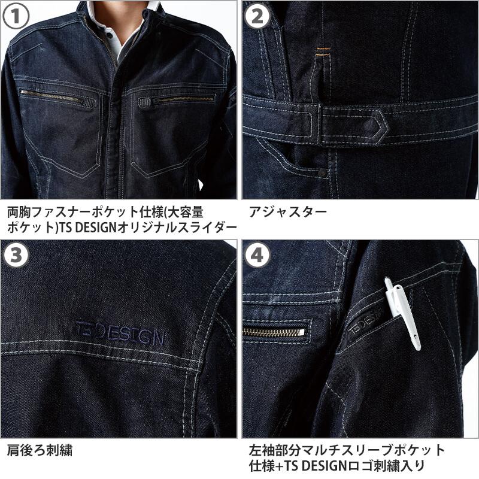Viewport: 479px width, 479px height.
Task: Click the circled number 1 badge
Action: (x=16, y=16)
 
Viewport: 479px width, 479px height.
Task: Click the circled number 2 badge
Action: (x=257, y=16)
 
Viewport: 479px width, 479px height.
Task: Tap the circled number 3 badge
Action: (x=16, y=256)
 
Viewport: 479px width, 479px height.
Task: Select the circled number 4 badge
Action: (x=257, y=256)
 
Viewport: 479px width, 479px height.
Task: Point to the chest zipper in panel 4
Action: (x=274, y=332)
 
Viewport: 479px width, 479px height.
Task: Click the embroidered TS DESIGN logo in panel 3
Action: (x=119, y=333)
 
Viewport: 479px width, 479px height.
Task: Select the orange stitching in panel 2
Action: (x=324, y=51)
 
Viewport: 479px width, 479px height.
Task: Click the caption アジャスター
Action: (x=288, y=212)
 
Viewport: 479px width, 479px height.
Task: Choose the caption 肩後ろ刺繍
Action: (x=40, y=451)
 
